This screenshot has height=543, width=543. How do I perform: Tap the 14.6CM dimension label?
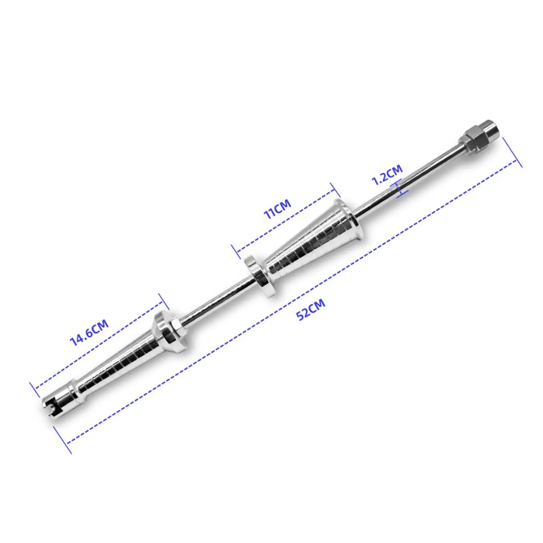[x=89, y=332]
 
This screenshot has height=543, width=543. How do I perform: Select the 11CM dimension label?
[x=277, y=209]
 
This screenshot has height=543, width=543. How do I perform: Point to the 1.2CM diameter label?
[x=387, y=174]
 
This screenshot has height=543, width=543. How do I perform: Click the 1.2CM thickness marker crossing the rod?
[x=401, y=189]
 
